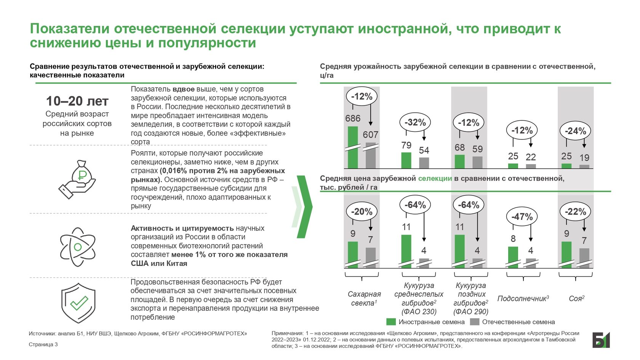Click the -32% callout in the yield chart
coord(415,122)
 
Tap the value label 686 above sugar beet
coord(353,118)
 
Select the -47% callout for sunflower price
coord(522,217)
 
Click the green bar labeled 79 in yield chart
coord(406,160)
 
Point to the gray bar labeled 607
coord(371,155)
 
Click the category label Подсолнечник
coord(523,298)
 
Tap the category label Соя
coord(576,298)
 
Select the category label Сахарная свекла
coord(364,298)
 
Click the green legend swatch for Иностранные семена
coord(391,322)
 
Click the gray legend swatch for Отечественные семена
coord(474,322)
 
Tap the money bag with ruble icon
coord(78,179)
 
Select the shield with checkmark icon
coord(78,303)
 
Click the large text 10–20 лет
coord(77,101)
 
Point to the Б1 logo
coord(601,340)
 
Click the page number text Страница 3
coord(43,344)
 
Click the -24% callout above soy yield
coord(575,131)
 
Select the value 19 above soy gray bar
coord(584,157)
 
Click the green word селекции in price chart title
coord(435,178)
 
